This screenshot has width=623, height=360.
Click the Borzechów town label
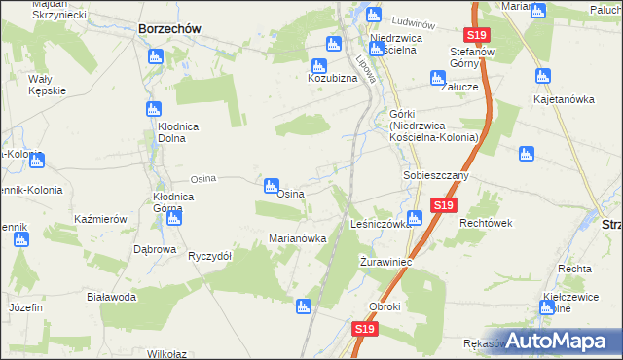[169, 29]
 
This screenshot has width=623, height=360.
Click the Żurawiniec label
[386, 263]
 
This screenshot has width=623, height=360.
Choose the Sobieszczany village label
[436, 176]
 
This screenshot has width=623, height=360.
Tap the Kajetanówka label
[564, 99]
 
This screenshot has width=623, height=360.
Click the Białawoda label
[110, 297]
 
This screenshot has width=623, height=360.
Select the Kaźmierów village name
[101, 220]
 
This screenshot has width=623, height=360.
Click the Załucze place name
[458, 86]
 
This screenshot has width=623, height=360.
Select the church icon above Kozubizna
[333, 44]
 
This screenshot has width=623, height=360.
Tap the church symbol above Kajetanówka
[540, 75]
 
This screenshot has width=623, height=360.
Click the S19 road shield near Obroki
[364, 330]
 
